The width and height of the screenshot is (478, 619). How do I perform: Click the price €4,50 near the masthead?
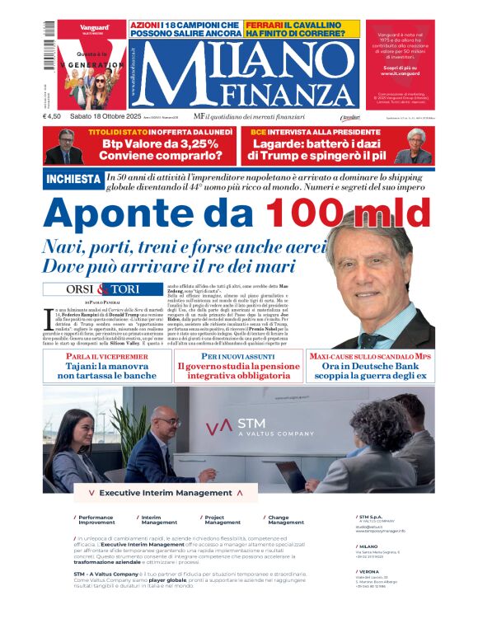[54, 117]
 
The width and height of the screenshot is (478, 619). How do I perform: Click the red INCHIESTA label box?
[73, 179]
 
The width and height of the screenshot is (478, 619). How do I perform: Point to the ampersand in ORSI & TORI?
[103, 288]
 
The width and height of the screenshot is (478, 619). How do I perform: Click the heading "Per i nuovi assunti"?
[239, 357]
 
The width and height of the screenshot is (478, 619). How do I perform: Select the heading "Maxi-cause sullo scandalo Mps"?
[371, 357]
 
